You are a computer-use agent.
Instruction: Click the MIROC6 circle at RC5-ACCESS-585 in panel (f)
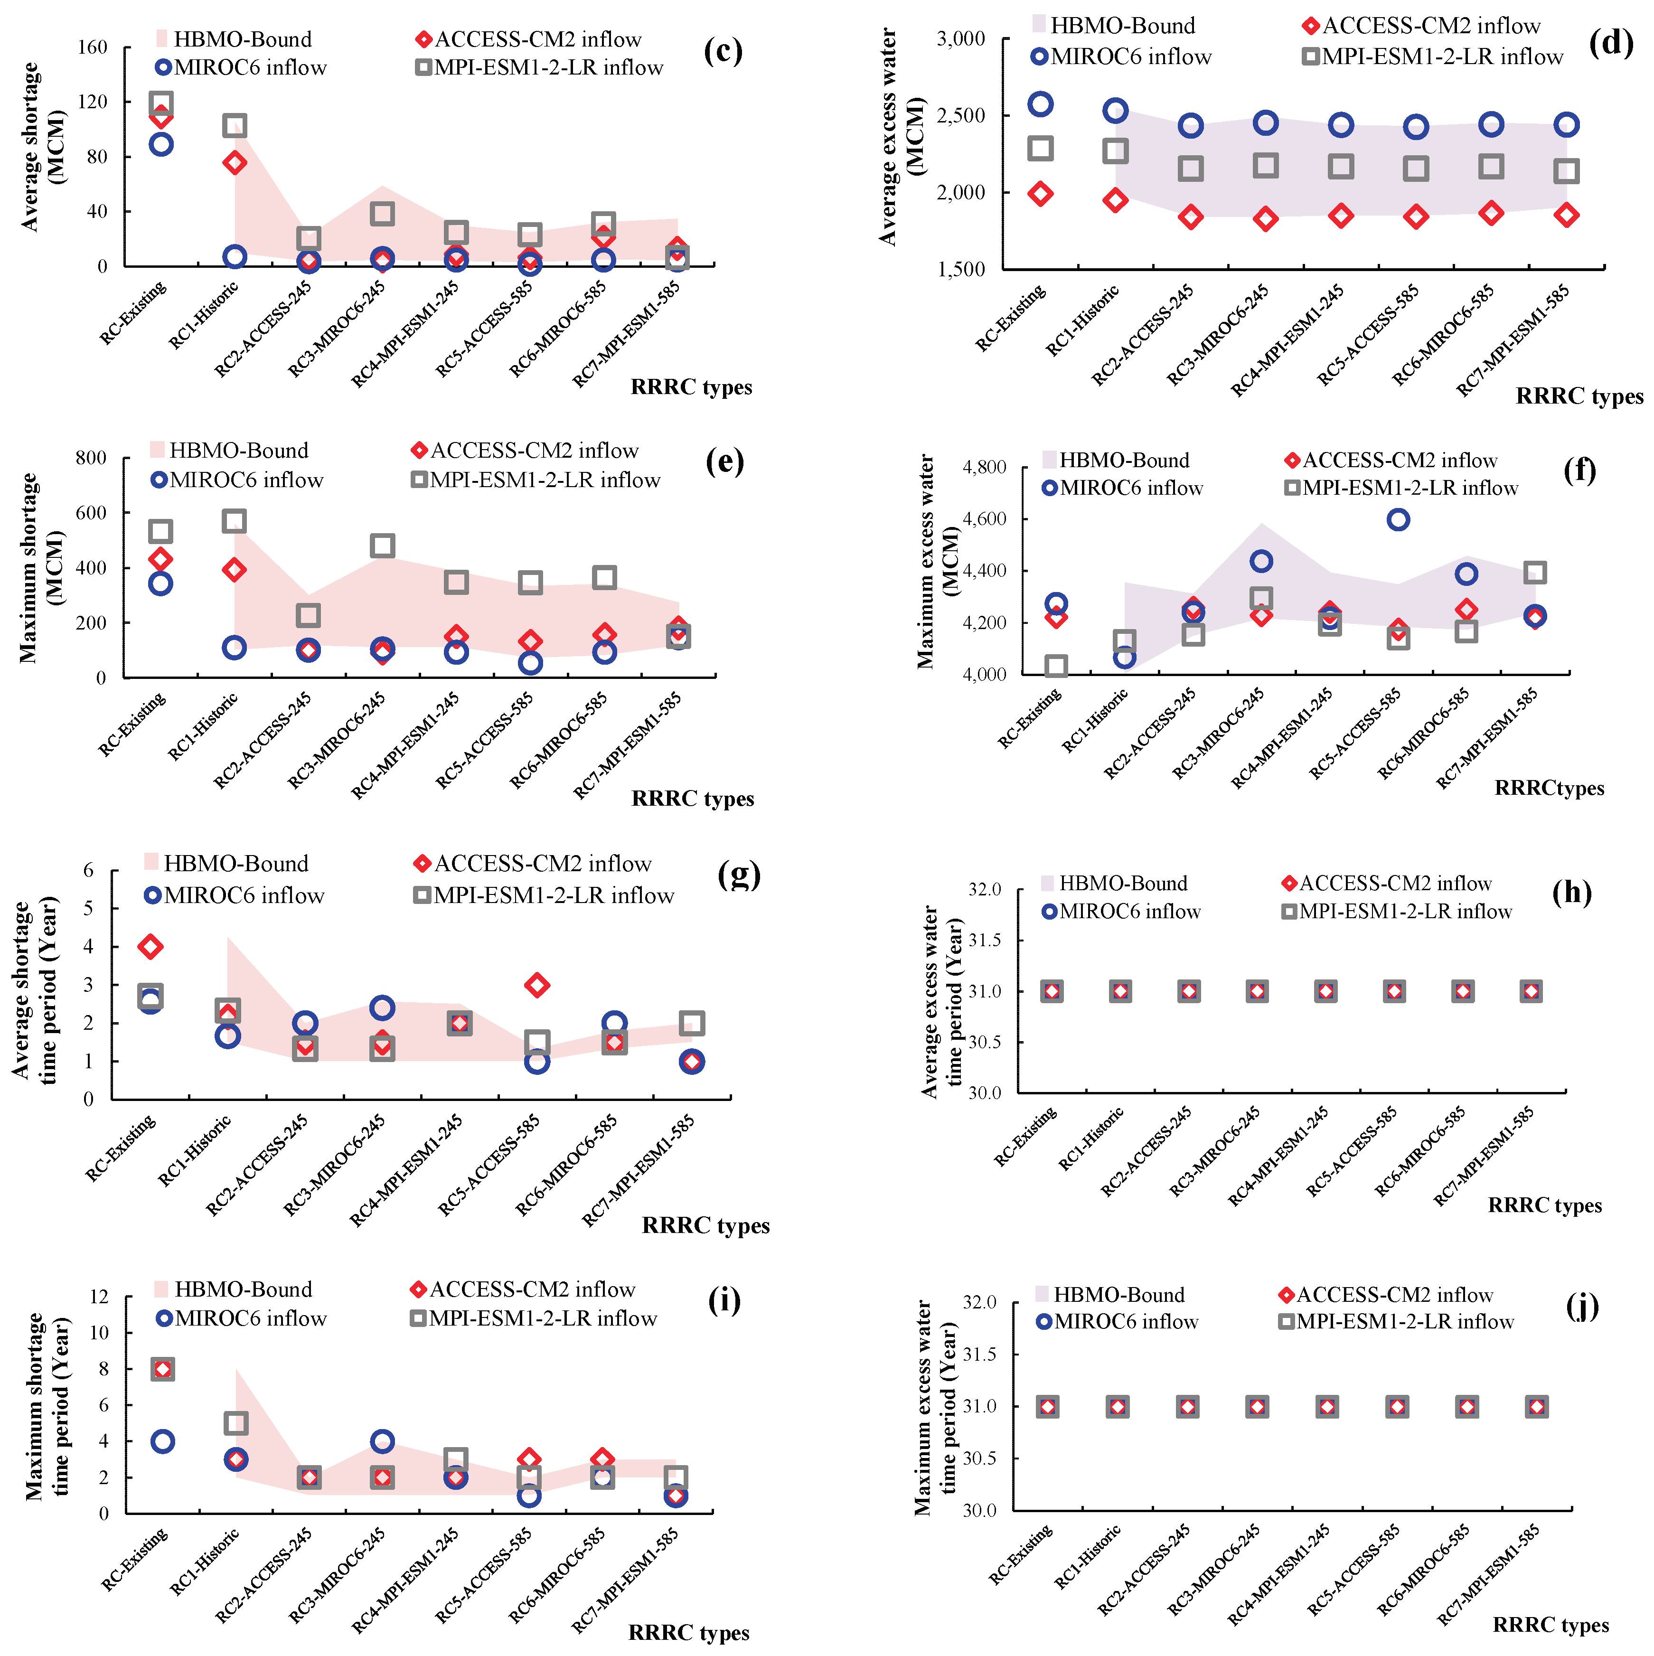1398,519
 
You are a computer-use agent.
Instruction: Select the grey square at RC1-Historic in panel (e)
234,521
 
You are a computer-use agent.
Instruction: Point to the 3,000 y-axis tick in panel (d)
961,38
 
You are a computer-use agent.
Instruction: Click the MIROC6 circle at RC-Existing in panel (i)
162,1442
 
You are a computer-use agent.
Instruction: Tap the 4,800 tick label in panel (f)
984,467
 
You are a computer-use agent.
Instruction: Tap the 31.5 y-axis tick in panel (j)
979,1355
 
